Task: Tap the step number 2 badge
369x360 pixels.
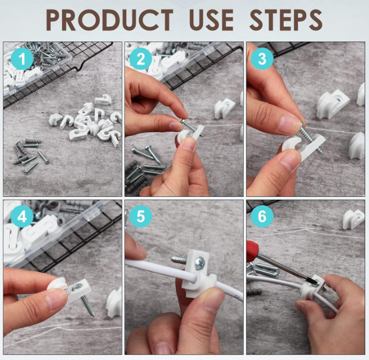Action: [x=141, y=59]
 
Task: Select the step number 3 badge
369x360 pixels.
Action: [x=262, y=59]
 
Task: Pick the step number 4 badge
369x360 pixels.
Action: [x=22, y=216]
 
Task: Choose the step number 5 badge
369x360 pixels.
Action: [x=141, y=216]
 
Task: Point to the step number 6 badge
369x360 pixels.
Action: [x=262, y=216]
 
